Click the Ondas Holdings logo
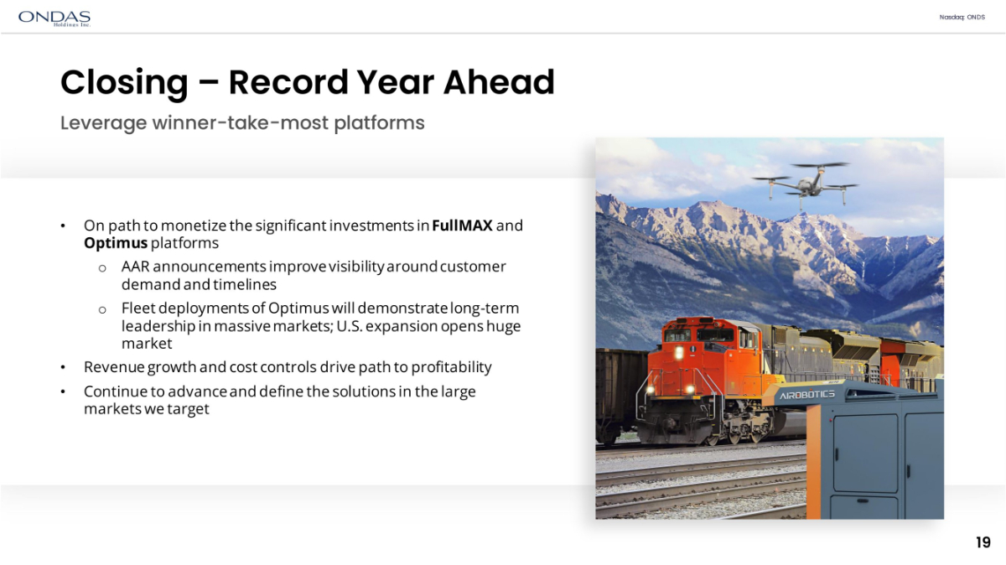pyautogui.click(x=54, y=18)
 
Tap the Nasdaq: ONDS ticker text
pyautogui.click(x=962, y=17)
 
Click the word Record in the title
pyautogui.click(x=288, y=82)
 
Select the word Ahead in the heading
pyautogui.click(x=499, y=82)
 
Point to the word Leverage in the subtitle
pyautogui.click(x=104, y=123)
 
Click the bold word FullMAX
pyautogui.click(x=462, y=225)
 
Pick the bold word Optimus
pyautogui.click(x=116, y=243)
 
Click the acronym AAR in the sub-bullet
pyautogui.click(x=135, y=267)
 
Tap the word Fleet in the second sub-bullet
pyautogui.click(x=138, y=308)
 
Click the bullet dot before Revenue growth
pyautogui.click(x=63, y=368)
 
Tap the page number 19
pyautogui.click(x=983, y=542)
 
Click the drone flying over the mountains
pyautogui.click(x=806, y=184)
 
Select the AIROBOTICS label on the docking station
pyautogui.click(x=807, y=395)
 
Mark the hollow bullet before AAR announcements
pyautogui.click(x=102, y=268)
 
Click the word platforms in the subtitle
pyautogui.click(x=379, y=123)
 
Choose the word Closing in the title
pyautogui.click(x=124, y=84)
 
